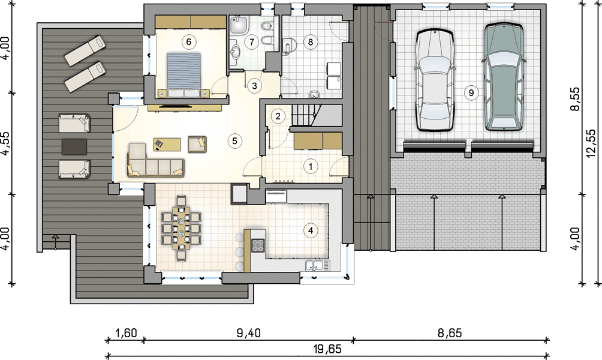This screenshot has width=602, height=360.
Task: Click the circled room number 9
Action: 471,92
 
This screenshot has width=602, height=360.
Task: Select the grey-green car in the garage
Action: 504,77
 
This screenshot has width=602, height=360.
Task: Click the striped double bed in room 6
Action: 183,74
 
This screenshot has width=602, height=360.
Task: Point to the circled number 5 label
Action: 234,140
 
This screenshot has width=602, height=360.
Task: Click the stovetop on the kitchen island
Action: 258,245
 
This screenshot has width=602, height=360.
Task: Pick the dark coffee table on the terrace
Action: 74,146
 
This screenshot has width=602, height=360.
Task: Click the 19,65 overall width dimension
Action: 327,349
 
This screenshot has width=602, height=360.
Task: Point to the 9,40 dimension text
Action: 248,333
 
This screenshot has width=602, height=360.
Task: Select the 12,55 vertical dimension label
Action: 591,143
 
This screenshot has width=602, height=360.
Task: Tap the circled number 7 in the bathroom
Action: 251,41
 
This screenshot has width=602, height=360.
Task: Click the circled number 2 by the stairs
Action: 278,116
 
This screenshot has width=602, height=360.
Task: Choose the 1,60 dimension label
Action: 127,333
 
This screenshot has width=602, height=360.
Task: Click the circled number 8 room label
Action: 310,41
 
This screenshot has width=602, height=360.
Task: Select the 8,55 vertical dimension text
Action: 575,99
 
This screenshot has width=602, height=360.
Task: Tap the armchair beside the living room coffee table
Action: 197,144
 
